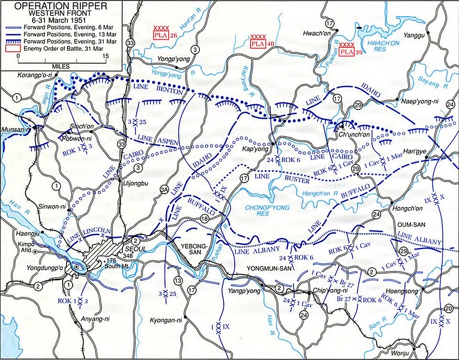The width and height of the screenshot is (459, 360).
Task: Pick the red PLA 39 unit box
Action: pos(347,51)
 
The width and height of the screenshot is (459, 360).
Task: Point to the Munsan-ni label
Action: pos(16,130)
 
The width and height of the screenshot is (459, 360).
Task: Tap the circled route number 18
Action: pos(205,219)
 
